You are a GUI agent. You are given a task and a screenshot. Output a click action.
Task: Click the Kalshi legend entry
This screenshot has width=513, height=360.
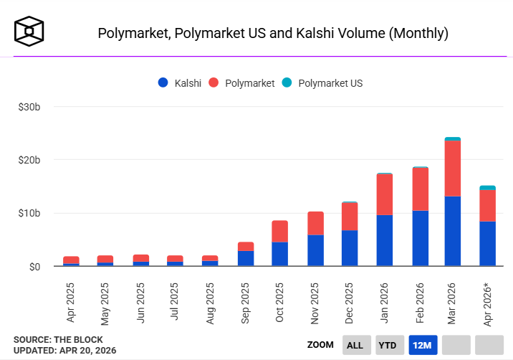coord(179,83)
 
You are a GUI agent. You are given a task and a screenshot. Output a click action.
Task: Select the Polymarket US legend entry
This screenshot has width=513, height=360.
coord(322,83)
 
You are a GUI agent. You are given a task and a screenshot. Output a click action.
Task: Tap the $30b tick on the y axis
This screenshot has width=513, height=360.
coord(30,107)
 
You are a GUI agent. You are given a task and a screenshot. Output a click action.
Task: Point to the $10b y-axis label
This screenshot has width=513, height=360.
coord(30,213)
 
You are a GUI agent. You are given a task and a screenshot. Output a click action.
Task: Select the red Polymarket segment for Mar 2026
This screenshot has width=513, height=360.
coord(452,168)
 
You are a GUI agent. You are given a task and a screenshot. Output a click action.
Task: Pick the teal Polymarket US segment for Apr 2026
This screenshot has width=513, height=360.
coord(487,188)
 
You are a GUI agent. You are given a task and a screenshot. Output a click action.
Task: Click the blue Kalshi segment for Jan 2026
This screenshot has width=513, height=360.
coord(384,240)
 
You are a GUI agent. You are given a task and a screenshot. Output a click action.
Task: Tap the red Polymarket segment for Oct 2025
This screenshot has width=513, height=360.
coord(279,231)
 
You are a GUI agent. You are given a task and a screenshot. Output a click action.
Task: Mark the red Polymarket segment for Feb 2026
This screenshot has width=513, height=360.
coord(420,189)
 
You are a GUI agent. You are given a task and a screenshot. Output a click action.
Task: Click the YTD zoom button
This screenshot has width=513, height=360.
coord(388,345)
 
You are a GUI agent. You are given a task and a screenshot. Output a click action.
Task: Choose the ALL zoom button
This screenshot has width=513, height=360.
coord(355,345)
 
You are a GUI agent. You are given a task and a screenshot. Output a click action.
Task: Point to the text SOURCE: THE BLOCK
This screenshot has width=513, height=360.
coord(58,339)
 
